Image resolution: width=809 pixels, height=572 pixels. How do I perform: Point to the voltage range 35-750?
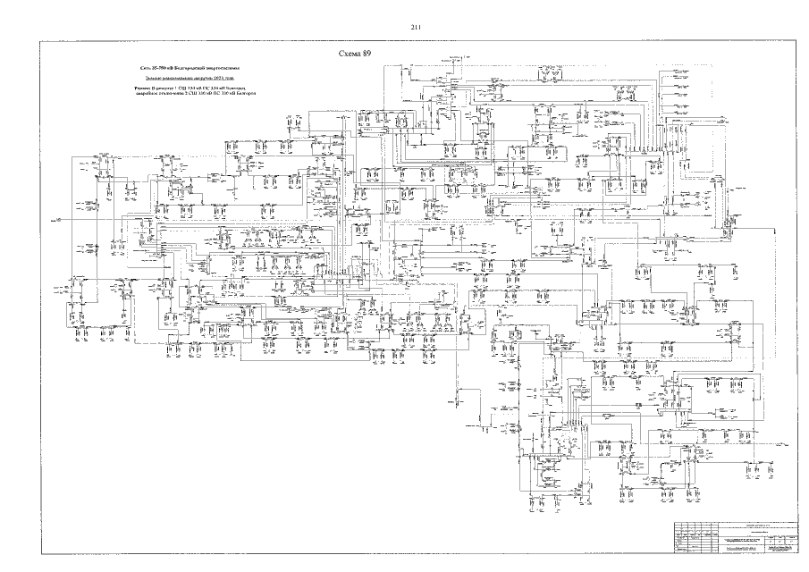pyautogui.click(x=155, y=67)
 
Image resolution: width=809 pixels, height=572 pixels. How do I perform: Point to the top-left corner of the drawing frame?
pyautogui.click(x=39, y=42)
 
